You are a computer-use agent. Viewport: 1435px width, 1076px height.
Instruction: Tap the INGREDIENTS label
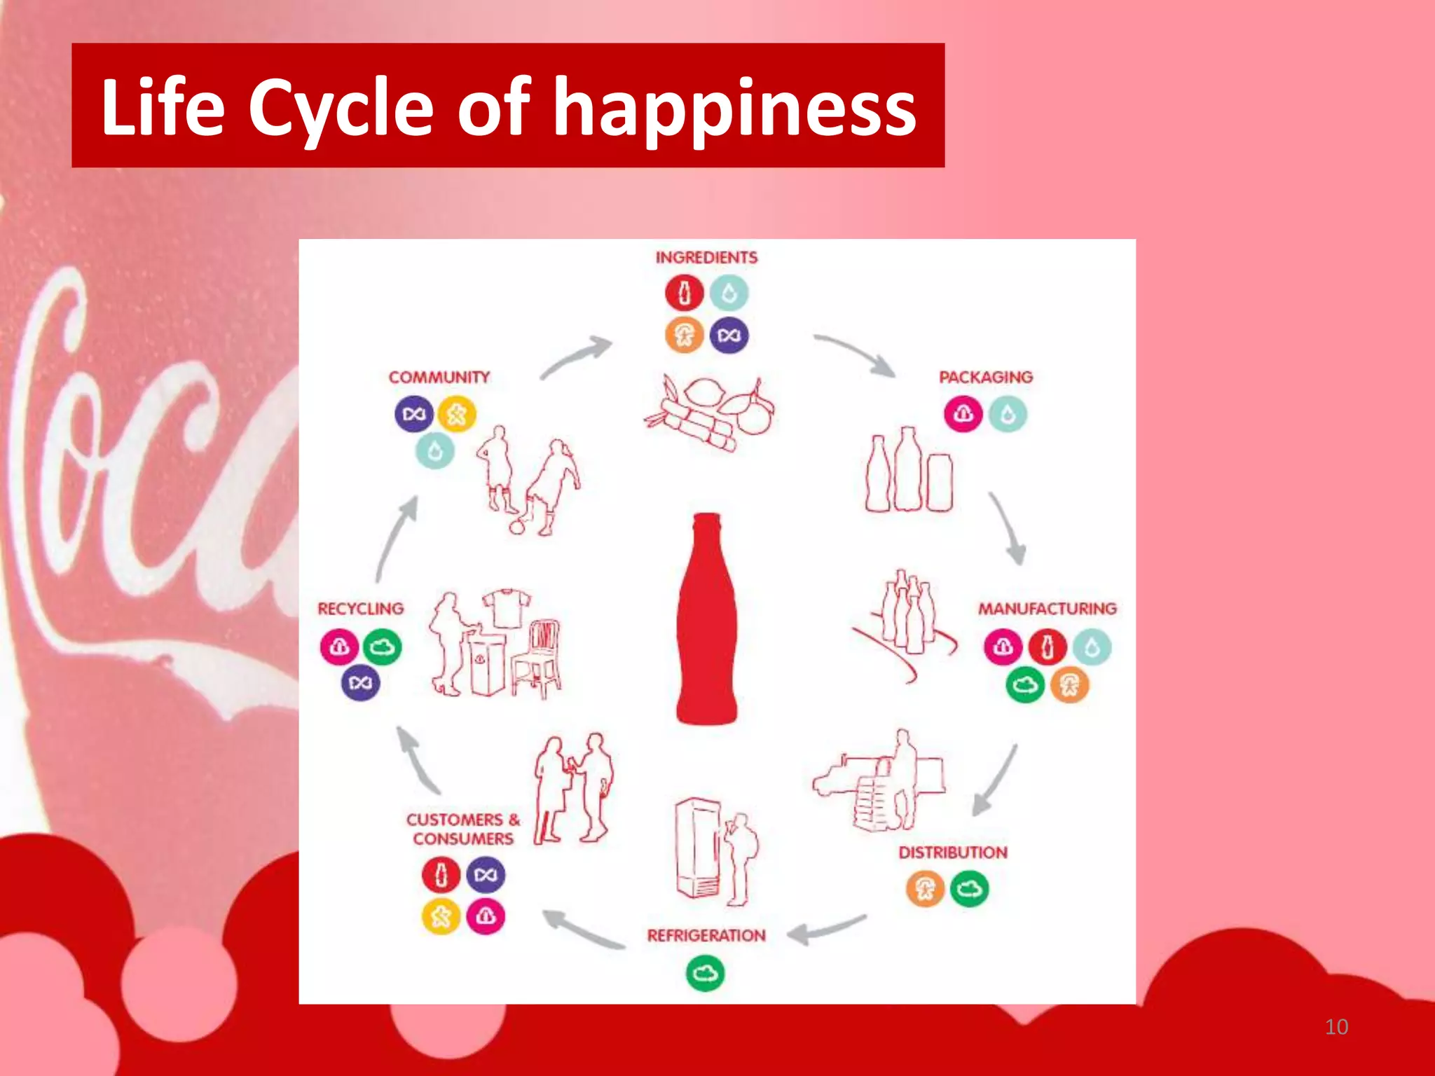pos(706,258)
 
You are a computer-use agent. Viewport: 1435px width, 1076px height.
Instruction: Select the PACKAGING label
pos(985,378)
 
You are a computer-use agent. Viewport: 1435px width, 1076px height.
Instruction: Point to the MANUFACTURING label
pos(1047,609)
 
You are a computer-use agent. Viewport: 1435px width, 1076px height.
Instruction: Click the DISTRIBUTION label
pos(953,853)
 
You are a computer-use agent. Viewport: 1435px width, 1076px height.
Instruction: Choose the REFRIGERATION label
pos(706,936)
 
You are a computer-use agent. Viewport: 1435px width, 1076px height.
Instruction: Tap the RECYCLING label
pos(361,609)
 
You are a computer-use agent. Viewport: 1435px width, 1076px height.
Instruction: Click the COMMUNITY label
pos(439,378)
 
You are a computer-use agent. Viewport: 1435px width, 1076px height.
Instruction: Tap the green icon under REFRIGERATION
pos(706,974)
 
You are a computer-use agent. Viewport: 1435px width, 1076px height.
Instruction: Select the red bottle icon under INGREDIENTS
pos(685,293)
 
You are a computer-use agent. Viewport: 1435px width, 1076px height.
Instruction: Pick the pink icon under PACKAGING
pos(963,414)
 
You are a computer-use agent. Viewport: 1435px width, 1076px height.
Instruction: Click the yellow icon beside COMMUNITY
pos(457,415)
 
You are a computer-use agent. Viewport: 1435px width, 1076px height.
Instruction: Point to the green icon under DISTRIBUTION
pos(969,890)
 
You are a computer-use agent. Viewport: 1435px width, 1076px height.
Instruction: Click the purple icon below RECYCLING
pos(361,682)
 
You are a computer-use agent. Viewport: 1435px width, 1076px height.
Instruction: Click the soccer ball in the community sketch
pos(517,526)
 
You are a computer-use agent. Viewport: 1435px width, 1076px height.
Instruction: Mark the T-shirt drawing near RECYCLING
pos(506,607)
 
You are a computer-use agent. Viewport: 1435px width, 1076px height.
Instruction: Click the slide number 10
pos(1336,1027)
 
